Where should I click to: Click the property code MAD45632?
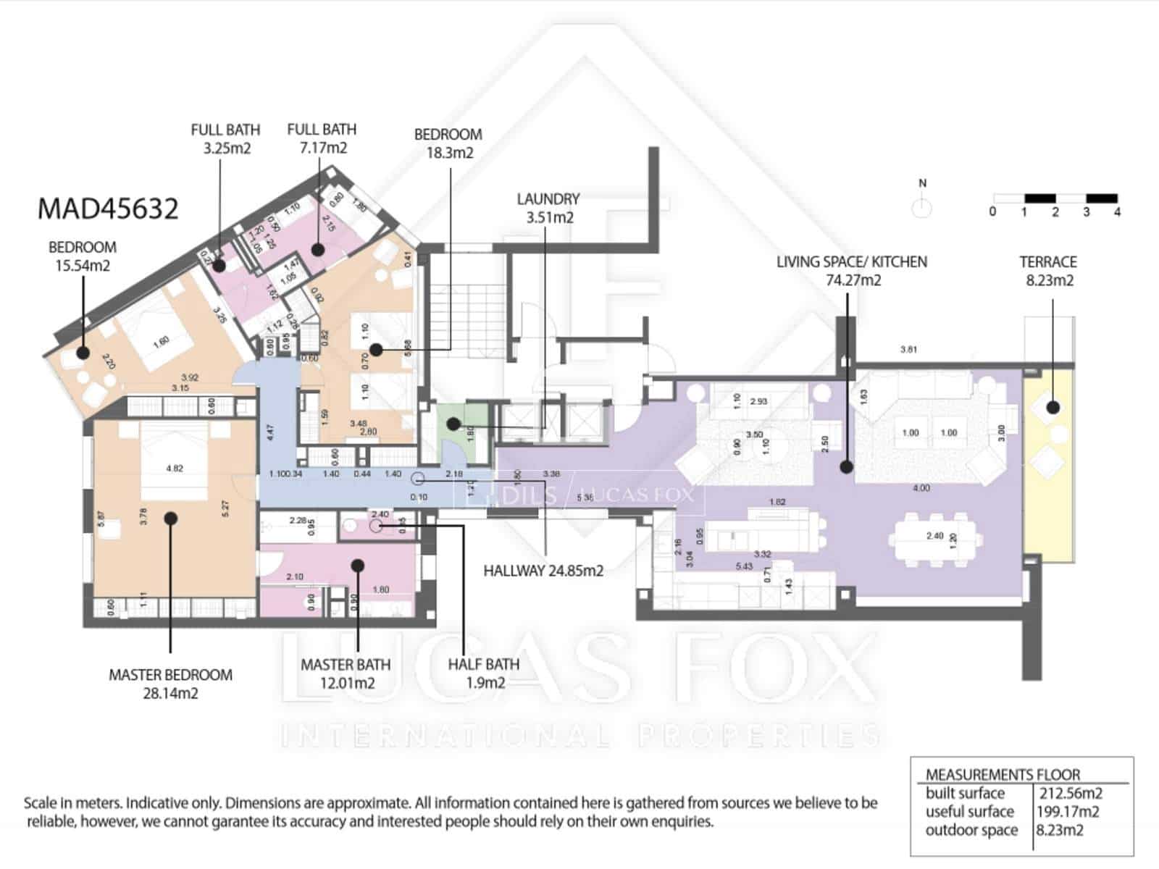107,209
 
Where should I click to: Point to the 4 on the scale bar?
1117,212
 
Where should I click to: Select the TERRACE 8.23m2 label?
1048,271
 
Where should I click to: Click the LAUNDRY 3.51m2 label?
548,208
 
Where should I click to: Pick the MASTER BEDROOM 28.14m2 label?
170,684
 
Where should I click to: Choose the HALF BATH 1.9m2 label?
483,673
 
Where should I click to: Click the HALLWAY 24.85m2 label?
543,571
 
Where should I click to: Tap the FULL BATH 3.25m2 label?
225,139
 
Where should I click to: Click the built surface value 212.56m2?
1071,793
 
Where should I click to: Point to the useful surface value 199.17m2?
1068,812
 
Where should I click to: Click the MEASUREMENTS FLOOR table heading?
1003,774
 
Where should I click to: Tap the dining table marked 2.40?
935,537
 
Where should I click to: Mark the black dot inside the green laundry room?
453,424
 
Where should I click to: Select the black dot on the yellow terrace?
1053,408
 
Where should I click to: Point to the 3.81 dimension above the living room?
908,349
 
